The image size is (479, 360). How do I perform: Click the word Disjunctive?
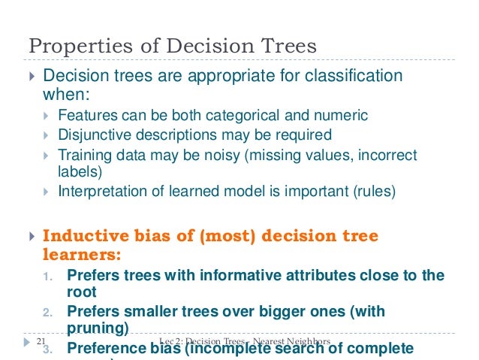point(94,135)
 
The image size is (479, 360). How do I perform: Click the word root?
point(81,292)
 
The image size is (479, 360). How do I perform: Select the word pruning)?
point(98,328)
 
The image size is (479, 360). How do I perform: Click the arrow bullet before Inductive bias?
point(30,237)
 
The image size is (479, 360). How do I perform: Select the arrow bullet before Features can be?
point(47,116)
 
